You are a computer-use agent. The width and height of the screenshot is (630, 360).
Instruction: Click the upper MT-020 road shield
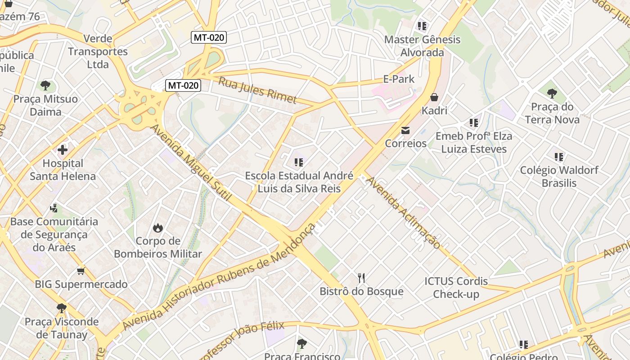[208, 37]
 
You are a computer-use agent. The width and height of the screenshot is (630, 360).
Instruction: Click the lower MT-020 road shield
[183, 85]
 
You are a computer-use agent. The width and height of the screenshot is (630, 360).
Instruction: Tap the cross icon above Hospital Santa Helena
[63, 149]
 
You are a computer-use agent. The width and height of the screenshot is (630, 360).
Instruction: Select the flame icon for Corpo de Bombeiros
[157, 228]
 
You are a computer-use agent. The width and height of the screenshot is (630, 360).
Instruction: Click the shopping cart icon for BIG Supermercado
[81, 271]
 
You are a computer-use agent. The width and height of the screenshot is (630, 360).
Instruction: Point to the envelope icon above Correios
[405, 130]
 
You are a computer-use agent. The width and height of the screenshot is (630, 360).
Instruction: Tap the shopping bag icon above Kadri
[434, 97]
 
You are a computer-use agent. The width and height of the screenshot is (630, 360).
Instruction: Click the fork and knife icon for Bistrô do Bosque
[361, 278]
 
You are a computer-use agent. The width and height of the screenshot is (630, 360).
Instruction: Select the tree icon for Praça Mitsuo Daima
[45, 85]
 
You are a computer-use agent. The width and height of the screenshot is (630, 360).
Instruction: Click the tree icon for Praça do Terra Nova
[552, 94]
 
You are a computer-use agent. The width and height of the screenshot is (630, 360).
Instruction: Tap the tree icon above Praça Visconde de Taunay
[61, 308]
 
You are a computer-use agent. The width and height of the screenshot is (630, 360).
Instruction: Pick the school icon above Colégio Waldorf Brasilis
[559, 157]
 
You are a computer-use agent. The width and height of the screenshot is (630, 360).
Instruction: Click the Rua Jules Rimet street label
[257, 90]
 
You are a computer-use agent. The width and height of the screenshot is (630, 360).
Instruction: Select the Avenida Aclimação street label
[403, 212]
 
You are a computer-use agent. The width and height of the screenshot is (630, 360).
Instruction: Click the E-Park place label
[399, 79]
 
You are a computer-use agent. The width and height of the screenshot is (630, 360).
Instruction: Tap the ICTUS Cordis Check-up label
[456, 288]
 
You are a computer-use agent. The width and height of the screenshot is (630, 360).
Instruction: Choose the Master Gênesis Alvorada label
[422, 46]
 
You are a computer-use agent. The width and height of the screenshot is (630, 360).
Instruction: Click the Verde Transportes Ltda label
[98, 51]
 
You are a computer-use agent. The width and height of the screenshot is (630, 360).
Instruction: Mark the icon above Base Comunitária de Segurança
[54, 208]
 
